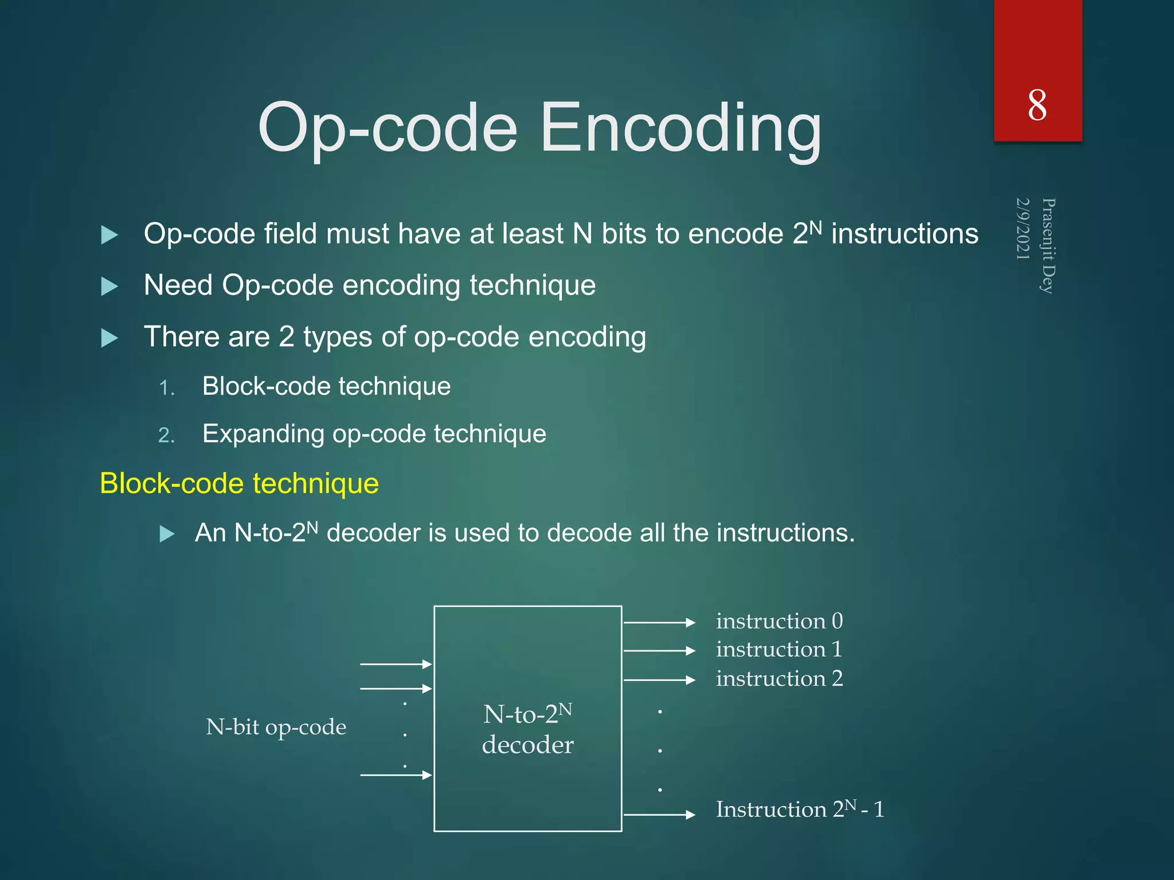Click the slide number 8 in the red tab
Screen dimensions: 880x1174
tap(1037, 106)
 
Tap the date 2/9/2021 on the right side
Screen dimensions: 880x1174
tap(1023, 229)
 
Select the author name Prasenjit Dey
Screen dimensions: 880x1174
tap(1048, 245)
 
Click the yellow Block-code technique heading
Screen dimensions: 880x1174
tap(239, 484)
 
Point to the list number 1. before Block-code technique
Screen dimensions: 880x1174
tap(167, 388)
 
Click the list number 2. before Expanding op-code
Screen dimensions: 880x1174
tap(166, 435)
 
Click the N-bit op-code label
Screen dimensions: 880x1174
tap(276, 727)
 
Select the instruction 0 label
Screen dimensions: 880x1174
tap(779, 621)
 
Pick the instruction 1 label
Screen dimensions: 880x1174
tap(779, 650)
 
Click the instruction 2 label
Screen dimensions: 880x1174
tap(779, 679)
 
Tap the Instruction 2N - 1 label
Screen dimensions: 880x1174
tap(800, 810)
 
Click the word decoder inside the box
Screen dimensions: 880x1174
tap(527, 745)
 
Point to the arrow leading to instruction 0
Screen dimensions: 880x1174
tap(659, 622)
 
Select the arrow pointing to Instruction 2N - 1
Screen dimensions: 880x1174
tap(659, 814)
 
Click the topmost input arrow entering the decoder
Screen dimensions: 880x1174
tap(396, 664)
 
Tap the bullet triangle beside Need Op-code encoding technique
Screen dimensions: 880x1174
tap(109, 286)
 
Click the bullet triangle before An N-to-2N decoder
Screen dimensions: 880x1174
tap(167, 534)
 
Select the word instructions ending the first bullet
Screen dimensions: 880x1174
tap(905, 234)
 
